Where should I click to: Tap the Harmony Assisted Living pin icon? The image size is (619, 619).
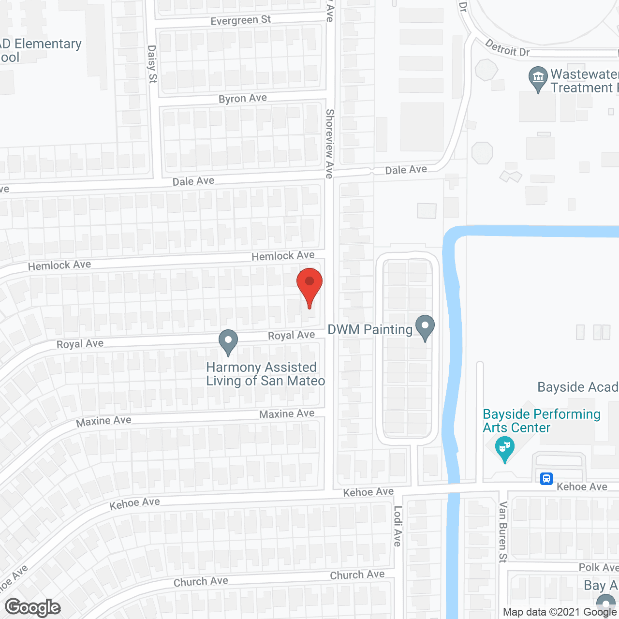(228, 341)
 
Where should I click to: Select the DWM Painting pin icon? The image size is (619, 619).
(425, 327)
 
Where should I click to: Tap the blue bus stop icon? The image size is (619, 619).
(546, 479)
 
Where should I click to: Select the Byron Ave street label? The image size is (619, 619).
(242, 99)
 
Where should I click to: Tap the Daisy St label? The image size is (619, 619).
(152, 64)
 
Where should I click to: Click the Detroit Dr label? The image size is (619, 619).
(507, 48)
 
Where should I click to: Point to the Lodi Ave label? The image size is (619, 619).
(398, 526)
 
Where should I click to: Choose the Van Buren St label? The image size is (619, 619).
(503, 532)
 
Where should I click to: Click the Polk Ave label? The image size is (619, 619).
(598, 567)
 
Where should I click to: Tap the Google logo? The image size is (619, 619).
(33, 607)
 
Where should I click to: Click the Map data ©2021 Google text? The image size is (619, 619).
(560, 612)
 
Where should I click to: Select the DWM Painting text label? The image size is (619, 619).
(370, 330)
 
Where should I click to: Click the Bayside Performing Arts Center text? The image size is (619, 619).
(541, 421)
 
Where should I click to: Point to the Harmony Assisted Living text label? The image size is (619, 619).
(265, 374)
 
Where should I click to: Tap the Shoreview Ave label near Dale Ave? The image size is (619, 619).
(329, 144)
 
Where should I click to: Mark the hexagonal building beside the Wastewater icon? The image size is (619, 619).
(486, 70)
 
